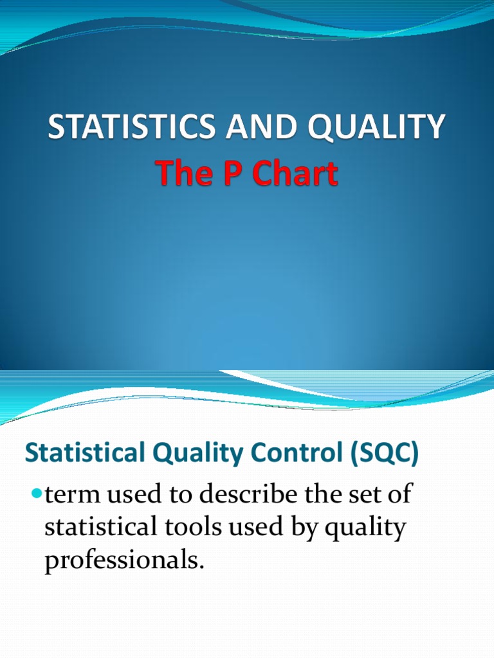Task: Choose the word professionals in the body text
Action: click(x=124, y=560)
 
